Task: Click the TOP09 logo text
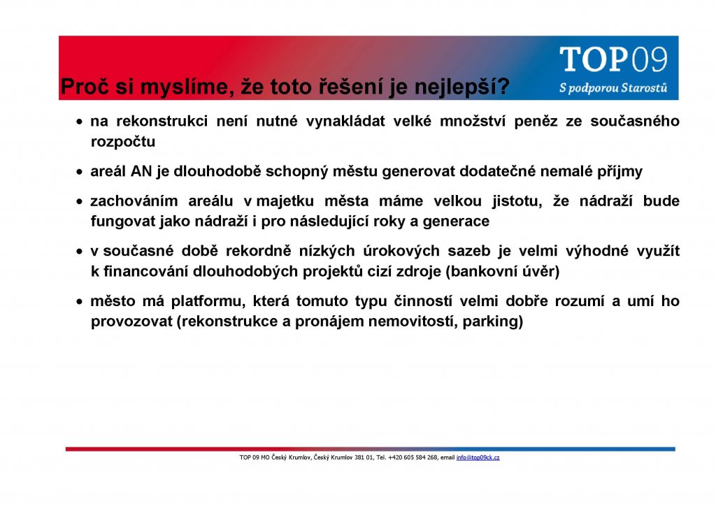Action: point(613,59)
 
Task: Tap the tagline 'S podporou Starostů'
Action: point(613,87)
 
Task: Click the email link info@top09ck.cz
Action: point(478,457)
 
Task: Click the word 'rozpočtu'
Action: point(123,142)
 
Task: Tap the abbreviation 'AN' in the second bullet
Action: point(141,171)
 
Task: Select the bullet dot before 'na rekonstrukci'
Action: point(80,122)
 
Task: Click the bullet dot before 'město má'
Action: point(80,302)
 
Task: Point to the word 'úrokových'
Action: point(401,252)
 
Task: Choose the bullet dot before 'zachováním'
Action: point(80,202)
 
